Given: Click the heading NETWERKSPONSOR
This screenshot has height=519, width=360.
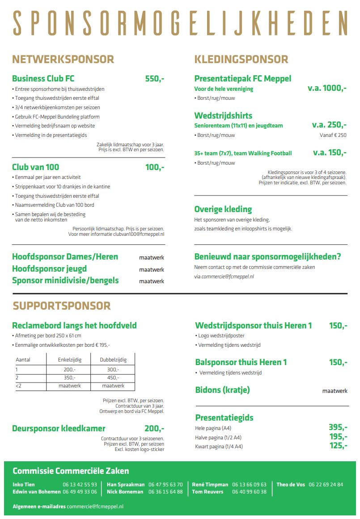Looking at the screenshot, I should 63,60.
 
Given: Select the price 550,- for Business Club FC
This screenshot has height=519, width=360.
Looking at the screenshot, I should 155,79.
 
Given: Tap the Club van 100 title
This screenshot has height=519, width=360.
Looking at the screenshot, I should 35,167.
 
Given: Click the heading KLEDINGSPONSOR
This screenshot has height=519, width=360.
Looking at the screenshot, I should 241,60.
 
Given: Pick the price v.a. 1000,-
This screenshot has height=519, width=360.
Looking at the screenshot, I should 327,88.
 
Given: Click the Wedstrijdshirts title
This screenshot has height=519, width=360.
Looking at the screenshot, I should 223,116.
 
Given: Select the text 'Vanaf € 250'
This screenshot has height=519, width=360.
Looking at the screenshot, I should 334,135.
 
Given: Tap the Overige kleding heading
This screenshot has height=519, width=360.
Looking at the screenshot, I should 223,209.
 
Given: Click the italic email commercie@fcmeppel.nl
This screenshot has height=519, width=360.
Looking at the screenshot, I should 228,277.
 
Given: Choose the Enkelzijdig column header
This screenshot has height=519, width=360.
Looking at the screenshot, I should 69,359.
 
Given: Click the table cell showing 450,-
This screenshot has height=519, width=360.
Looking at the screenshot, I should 113,378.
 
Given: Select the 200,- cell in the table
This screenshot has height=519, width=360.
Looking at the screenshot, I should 69,370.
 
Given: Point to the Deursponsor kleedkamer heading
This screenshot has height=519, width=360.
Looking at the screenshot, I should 59,429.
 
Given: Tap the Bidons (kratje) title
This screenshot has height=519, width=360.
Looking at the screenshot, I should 222,390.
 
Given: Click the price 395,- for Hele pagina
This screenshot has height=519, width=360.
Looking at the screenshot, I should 338,427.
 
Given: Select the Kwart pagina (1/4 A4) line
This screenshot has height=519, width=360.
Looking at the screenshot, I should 219,447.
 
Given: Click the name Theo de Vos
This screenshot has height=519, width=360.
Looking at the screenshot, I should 291,485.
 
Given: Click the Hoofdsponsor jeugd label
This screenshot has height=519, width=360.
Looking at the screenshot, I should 49,269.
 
